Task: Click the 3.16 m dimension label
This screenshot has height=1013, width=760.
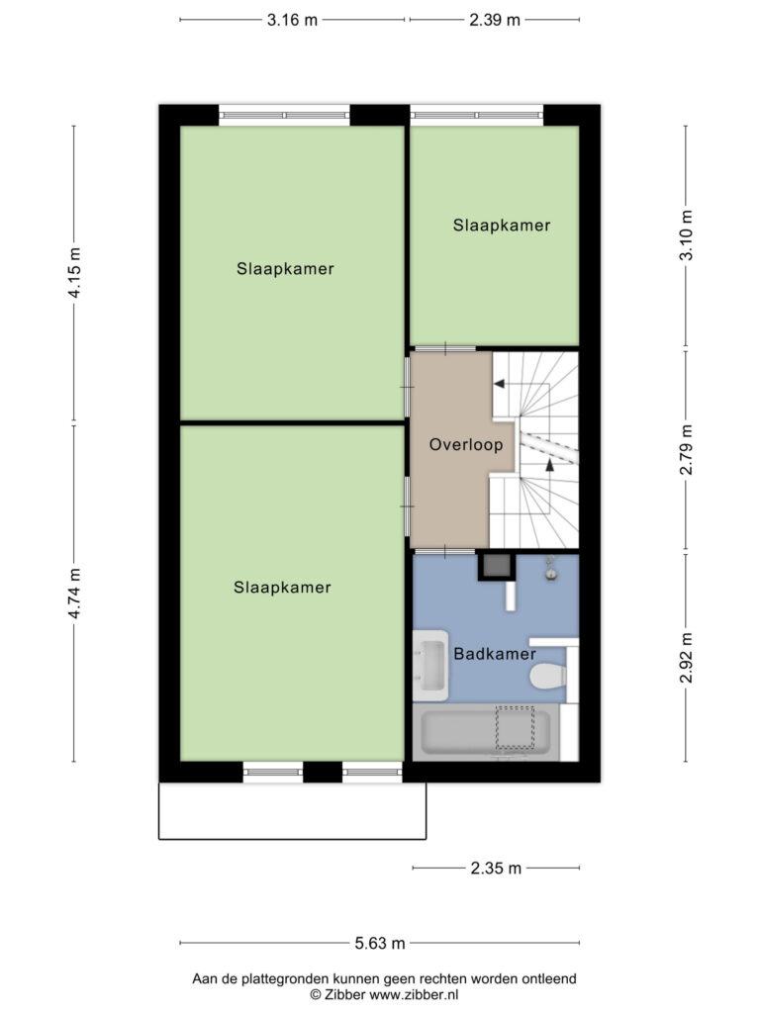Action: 292,20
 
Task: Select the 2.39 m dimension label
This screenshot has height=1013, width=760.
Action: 495,20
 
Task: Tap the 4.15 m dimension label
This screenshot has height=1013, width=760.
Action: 74,273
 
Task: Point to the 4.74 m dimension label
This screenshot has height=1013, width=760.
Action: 74,594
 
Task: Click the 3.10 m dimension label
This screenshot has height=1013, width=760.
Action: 687,235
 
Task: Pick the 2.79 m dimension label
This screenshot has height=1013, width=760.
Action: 687,450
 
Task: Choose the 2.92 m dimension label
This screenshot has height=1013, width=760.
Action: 687,657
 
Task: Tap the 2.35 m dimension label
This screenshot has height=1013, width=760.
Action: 496,868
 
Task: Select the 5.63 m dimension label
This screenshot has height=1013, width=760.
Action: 380,943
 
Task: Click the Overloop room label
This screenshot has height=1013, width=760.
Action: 466,444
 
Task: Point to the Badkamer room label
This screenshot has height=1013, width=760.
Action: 495,654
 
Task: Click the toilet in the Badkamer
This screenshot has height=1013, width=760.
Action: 548,677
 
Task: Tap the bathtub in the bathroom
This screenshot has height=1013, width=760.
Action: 486,732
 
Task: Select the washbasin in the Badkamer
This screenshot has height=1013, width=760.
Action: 430,666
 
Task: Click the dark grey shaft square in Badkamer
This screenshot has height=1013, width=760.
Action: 497,567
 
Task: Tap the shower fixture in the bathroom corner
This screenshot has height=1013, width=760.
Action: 550,569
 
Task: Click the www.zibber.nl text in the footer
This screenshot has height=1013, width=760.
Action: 414,995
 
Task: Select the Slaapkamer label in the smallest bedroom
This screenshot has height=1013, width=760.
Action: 502,226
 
